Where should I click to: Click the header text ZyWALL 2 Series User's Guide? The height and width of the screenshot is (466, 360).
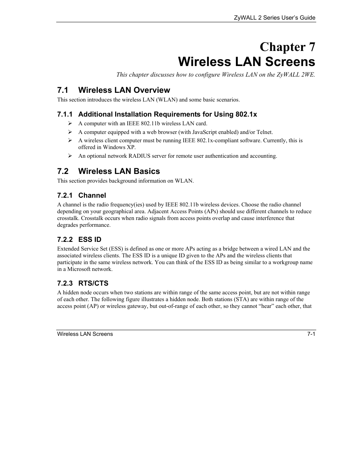[274, 18]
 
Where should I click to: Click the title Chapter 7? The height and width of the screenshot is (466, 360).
[287, 47]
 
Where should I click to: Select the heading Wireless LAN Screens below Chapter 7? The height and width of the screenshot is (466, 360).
[246, 62]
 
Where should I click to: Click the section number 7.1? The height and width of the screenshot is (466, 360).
[63, 90]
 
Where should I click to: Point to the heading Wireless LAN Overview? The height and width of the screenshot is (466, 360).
[124, 90]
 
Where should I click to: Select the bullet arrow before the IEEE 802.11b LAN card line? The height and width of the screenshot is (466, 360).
[70, 123]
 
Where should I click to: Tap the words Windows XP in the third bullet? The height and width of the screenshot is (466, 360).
[119, 147]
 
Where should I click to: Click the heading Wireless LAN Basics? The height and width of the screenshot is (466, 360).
[119, 171]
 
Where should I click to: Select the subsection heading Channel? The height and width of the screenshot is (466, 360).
[92, 195]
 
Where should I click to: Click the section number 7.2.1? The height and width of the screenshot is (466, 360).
[65, 195]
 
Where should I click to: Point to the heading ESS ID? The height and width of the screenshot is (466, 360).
[90, 240]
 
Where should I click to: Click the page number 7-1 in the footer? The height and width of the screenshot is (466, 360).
[311, 334]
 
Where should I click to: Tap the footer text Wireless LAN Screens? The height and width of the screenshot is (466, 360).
[85, 334]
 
